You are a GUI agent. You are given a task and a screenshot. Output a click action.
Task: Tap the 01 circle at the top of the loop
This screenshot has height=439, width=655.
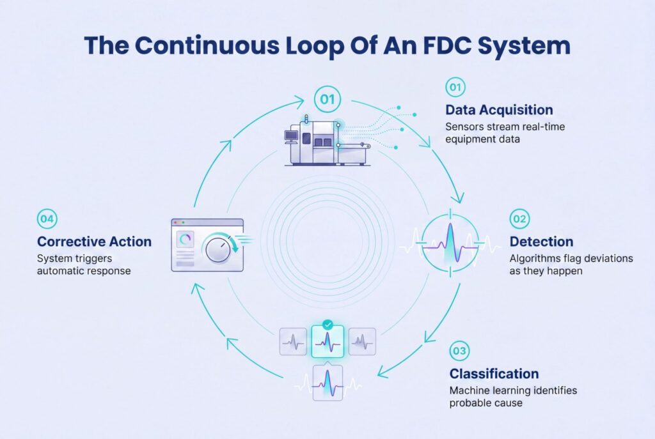(x=327, y=99)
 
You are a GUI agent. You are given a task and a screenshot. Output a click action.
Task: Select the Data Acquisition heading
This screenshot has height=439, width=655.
(x=499, y=110)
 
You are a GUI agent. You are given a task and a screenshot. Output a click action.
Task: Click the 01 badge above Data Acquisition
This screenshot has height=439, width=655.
(x=455, y=87)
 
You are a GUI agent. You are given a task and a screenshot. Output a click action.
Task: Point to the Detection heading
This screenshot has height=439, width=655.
(x=541, y=242)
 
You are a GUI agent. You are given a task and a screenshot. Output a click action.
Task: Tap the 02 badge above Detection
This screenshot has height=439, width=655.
(x=519, y=219)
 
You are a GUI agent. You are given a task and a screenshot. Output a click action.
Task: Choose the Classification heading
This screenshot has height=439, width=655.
(x=494, y=373)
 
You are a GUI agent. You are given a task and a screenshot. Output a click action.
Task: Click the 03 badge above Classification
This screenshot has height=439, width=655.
(x=459, y=351)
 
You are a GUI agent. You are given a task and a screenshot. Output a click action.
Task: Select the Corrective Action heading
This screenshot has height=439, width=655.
(x=95, y=242)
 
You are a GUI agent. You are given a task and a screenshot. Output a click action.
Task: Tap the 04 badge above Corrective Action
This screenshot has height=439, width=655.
(x=47, y=219)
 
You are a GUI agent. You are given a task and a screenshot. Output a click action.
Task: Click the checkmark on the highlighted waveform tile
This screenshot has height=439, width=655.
(x=328, y=325)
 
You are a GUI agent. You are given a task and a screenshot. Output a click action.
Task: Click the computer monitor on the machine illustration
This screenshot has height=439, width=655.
(x=290, y=136)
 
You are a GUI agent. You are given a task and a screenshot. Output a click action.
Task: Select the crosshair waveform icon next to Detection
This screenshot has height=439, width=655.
(x=450, y=243)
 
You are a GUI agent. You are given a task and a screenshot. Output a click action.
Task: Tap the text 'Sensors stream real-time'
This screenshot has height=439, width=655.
(x=505, y=127)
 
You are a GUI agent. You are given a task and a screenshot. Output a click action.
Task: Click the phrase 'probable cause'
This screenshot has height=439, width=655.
(x=486, y=403)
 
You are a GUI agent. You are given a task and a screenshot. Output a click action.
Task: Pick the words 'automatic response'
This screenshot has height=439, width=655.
(x=84, y=271)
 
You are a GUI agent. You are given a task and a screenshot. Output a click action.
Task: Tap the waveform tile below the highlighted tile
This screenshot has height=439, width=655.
(x=328, y=383)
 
